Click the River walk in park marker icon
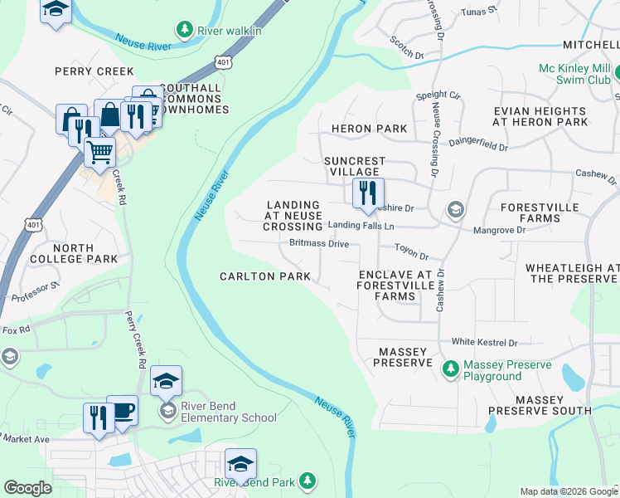[184, 31]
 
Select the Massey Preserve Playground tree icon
[451, 367]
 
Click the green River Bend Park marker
[308, 481]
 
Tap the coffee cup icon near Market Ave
[123, 410]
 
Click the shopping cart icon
[99, 153]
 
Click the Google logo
[27, 489]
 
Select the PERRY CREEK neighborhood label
[94, 71]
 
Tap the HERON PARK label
[369, 129]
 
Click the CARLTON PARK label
[264, 276]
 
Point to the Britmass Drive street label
[319, 244]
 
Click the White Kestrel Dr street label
[484, 342]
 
